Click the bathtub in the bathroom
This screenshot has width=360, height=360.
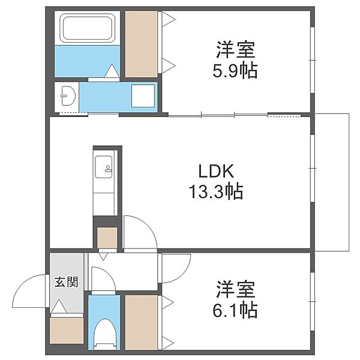87,28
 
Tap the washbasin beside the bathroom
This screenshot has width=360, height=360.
68,96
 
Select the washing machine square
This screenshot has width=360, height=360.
143,96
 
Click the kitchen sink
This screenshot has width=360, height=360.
104,167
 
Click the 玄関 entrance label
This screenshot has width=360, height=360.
66,282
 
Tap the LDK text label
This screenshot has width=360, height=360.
216,171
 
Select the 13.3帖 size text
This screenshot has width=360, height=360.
216,191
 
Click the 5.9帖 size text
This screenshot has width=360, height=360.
235,70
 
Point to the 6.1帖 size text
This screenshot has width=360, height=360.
235,310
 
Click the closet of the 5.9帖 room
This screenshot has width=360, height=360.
142,44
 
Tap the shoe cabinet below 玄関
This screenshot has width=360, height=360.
67,331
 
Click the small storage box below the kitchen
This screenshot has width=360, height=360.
107,238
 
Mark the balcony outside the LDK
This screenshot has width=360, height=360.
332,182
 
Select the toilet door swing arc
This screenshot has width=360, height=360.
107,273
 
